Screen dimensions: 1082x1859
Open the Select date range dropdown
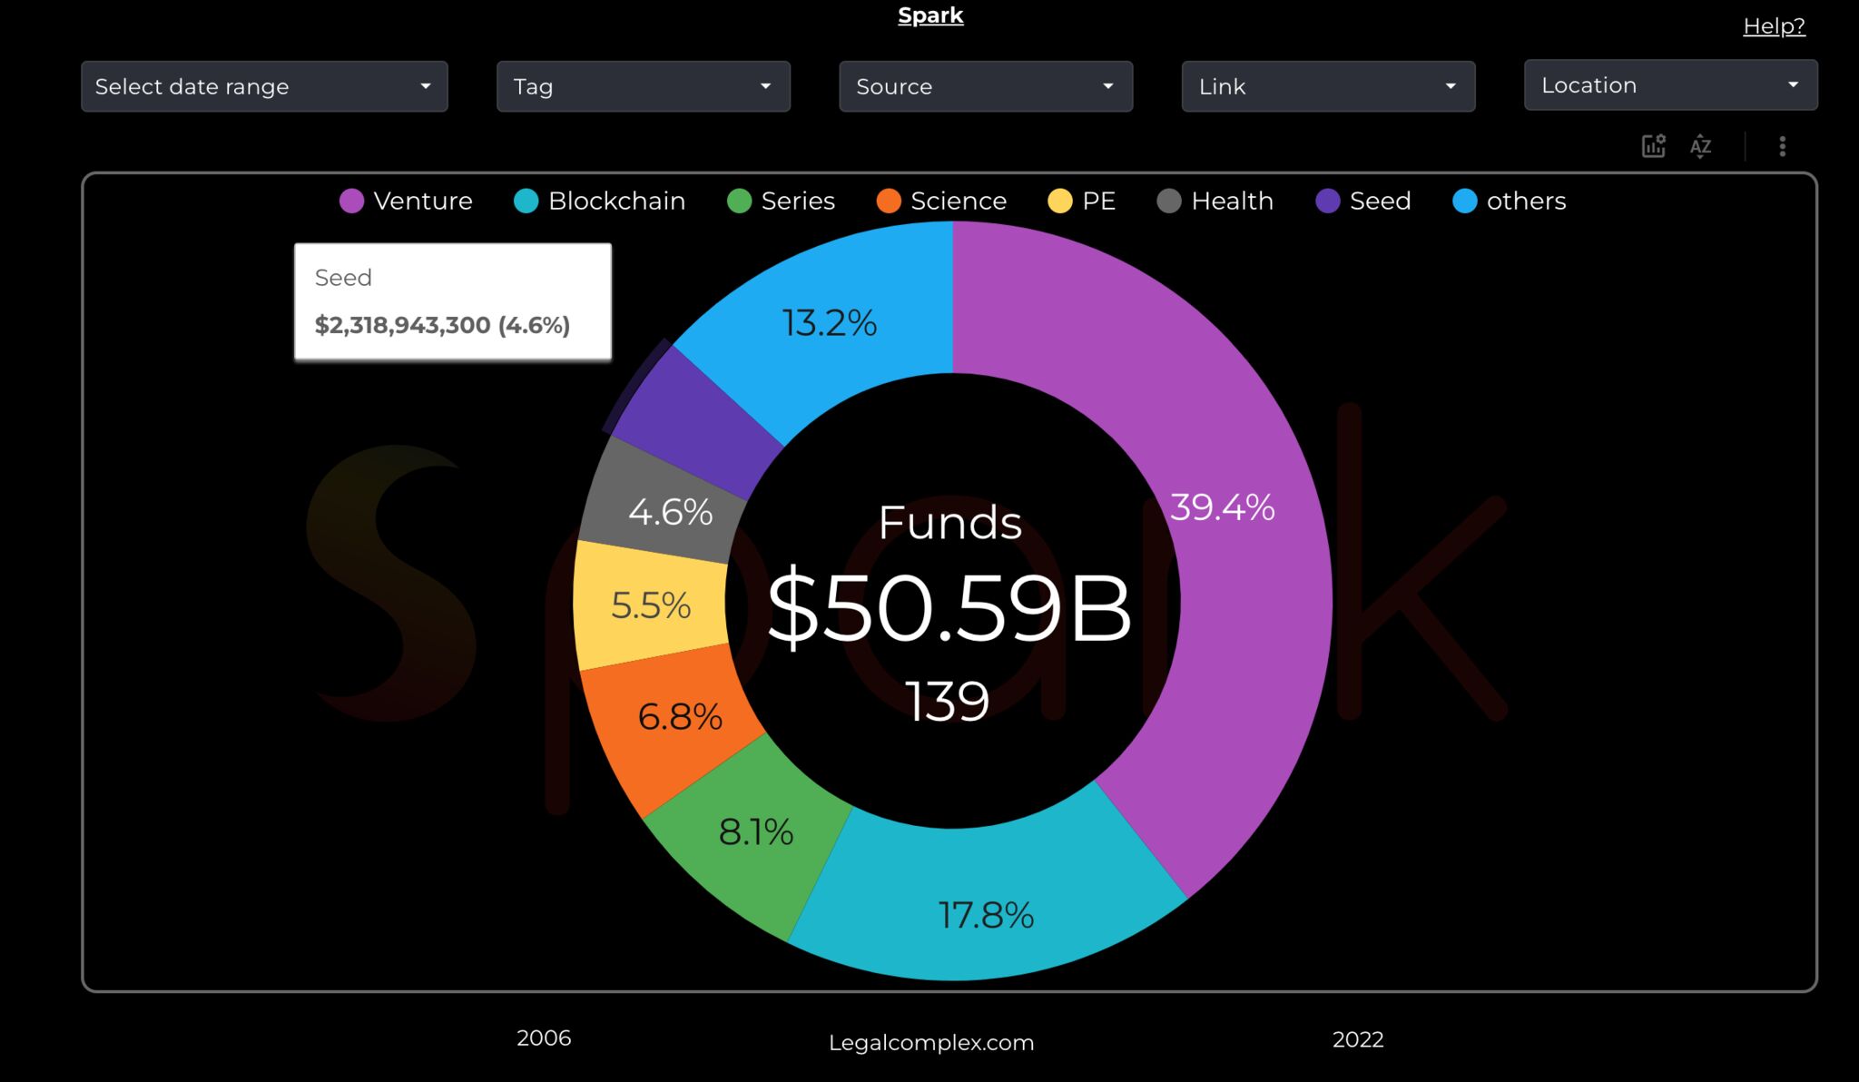click(x=264, y=86)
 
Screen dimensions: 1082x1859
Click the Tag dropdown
click(x=643, y=86)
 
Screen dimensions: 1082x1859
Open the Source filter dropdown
click(x=985, y=86)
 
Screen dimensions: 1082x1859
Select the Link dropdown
click(x=1328, y=86)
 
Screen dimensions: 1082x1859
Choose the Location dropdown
click(x=1670, y=85)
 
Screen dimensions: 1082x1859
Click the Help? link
click(x=1774, y=26)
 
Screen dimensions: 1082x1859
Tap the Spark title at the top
click(x=930, y=15)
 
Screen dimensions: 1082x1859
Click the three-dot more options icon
click(x=1782, y=146)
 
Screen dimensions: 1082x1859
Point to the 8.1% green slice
click(x=755, y=831)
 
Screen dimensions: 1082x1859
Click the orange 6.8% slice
click(x=680, y=716)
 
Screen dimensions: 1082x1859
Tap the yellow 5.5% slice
click(x=651, y=605)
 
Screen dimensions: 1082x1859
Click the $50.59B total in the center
click(x=949, y=606)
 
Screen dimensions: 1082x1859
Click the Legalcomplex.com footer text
click(x=931, y=1042)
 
